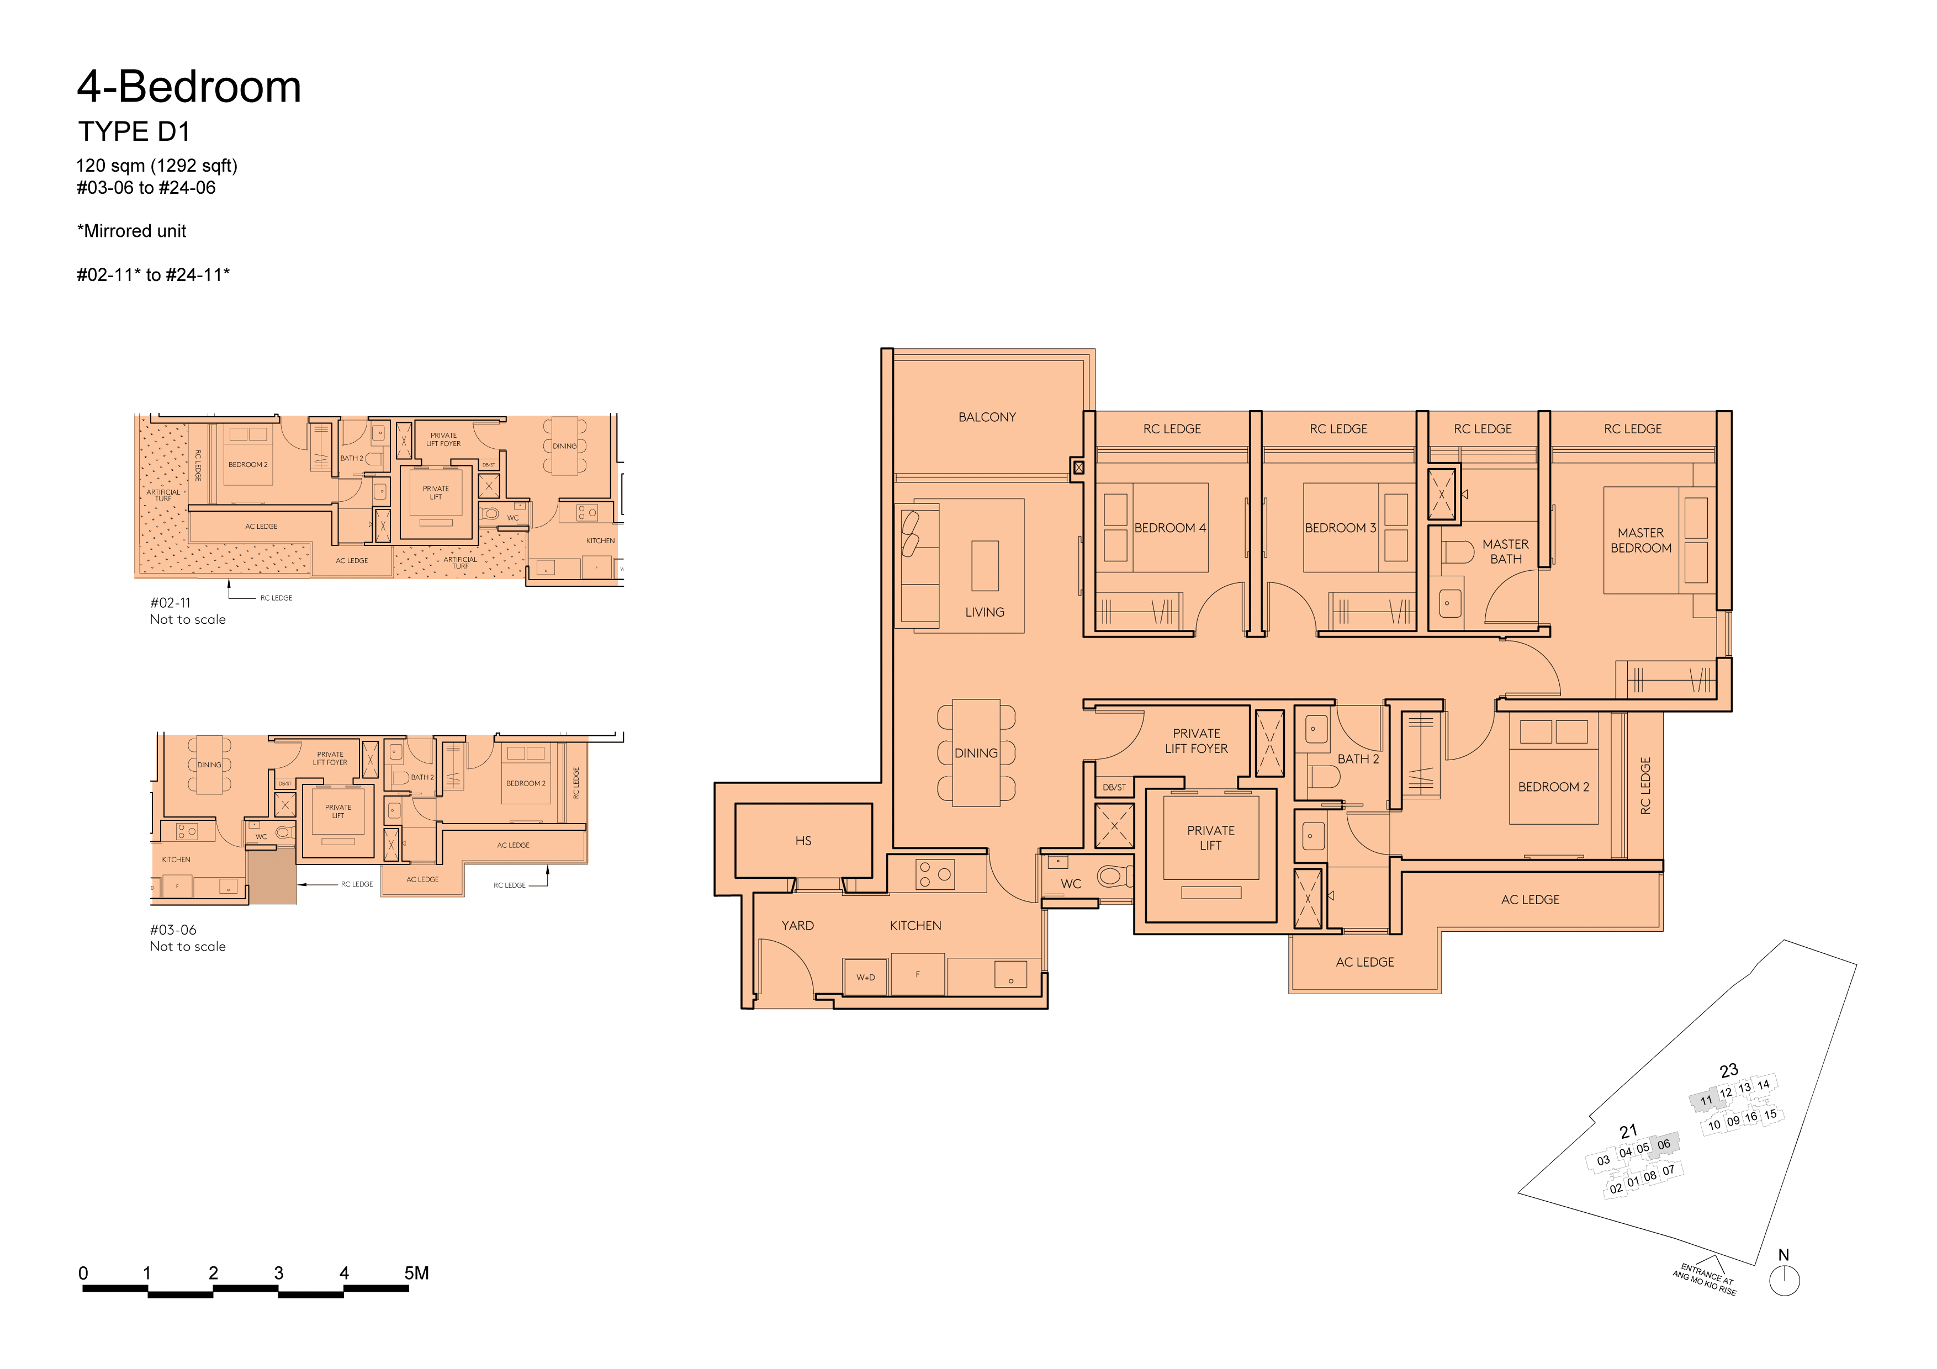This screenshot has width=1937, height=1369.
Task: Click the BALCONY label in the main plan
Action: (987, 417)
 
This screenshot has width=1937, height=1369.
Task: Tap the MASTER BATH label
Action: (1505, 551)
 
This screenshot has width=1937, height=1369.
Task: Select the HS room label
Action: (803, 841)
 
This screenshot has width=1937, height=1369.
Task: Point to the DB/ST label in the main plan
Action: (1114, 787)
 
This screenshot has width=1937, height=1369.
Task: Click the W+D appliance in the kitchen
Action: (866, 977)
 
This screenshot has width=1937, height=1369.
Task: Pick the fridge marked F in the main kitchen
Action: (918, 975)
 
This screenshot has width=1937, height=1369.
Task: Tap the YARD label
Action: (797, 925)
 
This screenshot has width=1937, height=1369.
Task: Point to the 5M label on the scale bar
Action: (417, 1273)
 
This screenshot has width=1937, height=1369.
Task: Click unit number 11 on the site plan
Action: (1706, 1100)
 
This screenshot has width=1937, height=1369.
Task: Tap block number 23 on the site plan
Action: (1729, 1070)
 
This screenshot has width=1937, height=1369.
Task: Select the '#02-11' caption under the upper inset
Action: (171, 602)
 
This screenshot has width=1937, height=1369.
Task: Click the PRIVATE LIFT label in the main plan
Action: (1210, 837)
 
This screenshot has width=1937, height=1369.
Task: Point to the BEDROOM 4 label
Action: (1169, 528)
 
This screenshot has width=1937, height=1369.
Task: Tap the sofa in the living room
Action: (919, 565)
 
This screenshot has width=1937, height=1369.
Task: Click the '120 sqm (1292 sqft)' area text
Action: (157, 165)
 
